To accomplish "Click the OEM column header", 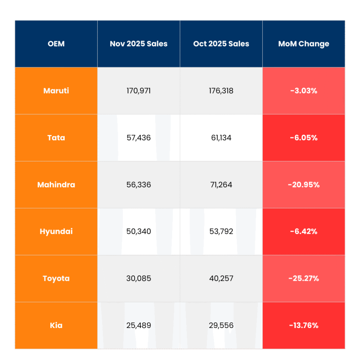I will coord(56,44).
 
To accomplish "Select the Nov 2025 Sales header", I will coord(139,44).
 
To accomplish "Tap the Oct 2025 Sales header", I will coord(221,44).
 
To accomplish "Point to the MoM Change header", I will coord(304,44).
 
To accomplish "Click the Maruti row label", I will coord(56,91).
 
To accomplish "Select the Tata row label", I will coord(56,137).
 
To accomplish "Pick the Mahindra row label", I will coord(56,185).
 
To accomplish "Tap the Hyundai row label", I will coord(56,231).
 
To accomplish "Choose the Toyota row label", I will coord(56,278).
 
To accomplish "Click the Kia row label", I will coord(56,325).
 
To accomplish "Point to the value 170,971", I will coord(139,91).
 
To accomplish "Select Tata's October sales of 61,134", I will coord(221,137).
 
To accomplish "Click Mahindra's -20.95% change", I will coord(304,185).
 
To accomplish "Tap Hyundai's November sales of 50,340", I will coord(139,231).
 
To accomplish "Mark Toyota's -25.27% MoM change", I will coord(304,278).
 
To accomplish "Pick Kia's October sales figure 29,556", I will coord(221,325).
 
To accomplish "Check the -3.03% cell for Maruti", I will coord(304,91).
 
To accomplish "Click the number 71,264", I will coord(221,185).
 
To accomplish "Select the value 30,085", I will coord(139,278).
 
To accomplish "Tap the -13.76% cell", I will coord(304,325).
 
